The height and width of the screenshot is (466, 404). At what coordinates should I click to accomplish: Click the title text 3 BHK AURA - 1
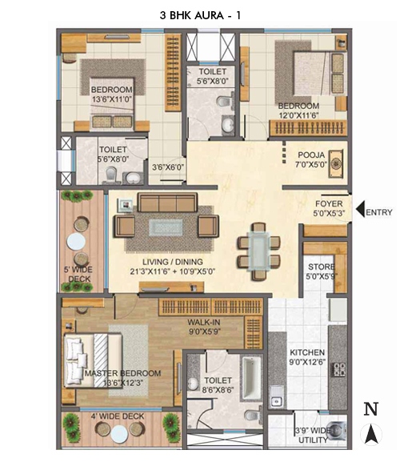tap(200, 15)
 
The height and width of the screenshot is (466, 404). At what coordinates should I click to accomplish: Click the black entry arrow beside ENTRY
tap(360, 209)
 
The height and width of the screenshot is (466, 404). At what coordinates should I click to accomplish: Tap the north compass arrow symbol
tap(371, 434)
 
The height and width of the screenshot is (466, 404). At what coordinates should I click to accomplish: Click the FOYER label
tap(329, 204)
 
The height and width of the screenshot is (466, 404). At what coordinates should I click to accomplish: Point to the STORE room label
tap(321, 267)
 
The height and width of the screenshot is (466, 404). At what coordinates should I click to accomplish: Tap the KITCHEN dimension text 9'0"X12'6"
tap(307, 362)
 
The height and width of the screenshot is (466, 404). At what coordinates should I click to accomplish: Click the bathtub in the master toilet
tap(252, 378)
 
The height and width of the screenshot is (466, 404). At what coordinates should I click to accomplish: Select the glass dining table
tap(258, 251)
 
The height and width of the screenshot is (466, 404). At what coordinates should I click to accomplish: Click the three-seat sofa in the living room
tap(168, 203)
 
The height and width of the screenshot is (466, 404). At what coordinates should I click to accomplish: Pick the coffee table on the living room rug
tap(166, 227)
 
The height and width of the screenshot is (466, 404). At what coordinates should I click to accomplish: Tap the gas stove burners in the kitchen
tap(338, 369)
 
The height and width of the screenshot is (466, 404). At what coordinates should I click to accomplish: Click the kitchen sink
tap(276, 396)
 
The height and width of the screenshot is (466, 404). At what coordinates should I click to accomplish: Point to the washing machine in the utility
tap(338, 431)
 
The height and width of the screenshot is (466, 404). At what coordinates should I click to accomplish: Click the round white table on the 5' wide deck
tap(76, 241)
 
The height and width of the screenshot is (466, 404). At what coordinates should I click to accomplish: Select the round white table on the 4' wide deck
tap(119, 434)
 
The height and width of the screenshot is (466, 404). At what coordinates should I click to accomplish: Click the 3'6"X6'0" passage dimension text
tap(168, 167)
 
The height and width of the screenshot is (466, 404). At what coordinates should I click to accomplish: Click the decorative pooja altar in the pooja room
tap(335, 164)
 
